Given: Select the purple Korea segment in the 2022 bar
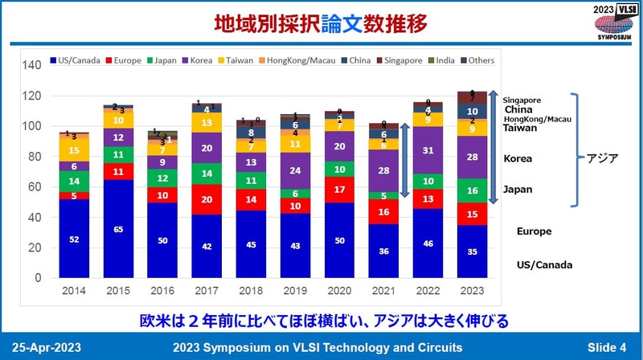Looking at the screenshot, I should (x=428, y=150).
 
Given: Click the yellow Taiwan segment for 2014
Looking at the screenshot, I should (x=73, y=150).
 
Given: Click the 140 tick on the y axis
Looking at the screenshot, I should (x=33, y=66).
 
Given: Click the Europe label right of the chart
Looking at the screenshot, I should (x=534, y=231).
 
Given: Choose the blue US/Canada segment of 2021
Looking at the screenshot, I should (x=383, y=251).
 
